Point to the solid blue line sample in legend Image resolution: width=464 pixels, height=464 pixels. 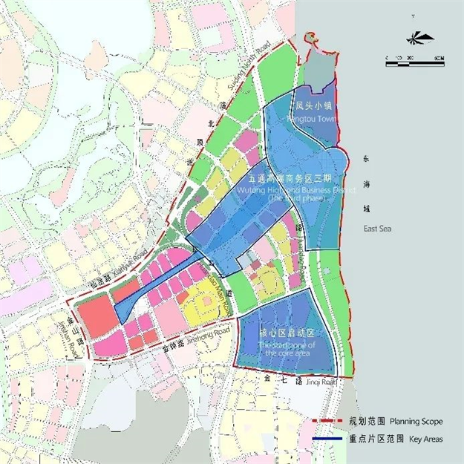(x=326, y=439)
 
